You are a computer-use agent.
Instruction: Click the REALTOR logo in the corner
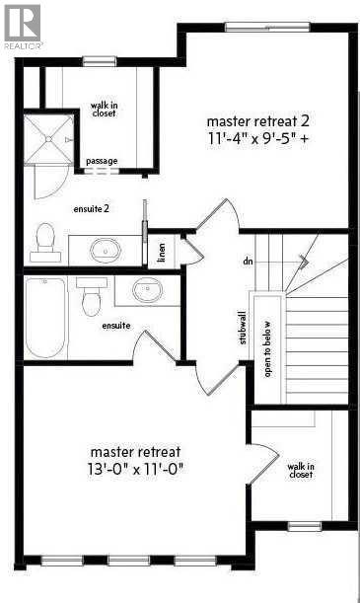coord(22,26)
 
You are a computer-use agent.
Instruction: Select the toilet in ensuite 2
coord(44,238)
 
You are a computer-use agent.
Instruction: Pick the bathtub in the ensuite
coord(44,317)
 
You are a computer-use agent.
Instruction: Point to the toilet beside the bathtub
coord(93,297)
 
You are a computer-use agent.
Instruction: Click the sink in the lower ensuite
coord(147,292)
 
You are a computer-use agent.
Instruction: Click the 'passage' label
coord(102,161)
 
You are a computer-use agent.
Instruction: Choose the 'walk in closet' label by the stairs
coord(301,470)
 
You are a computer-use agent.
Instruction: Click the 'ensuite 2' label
coord(91,209)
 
